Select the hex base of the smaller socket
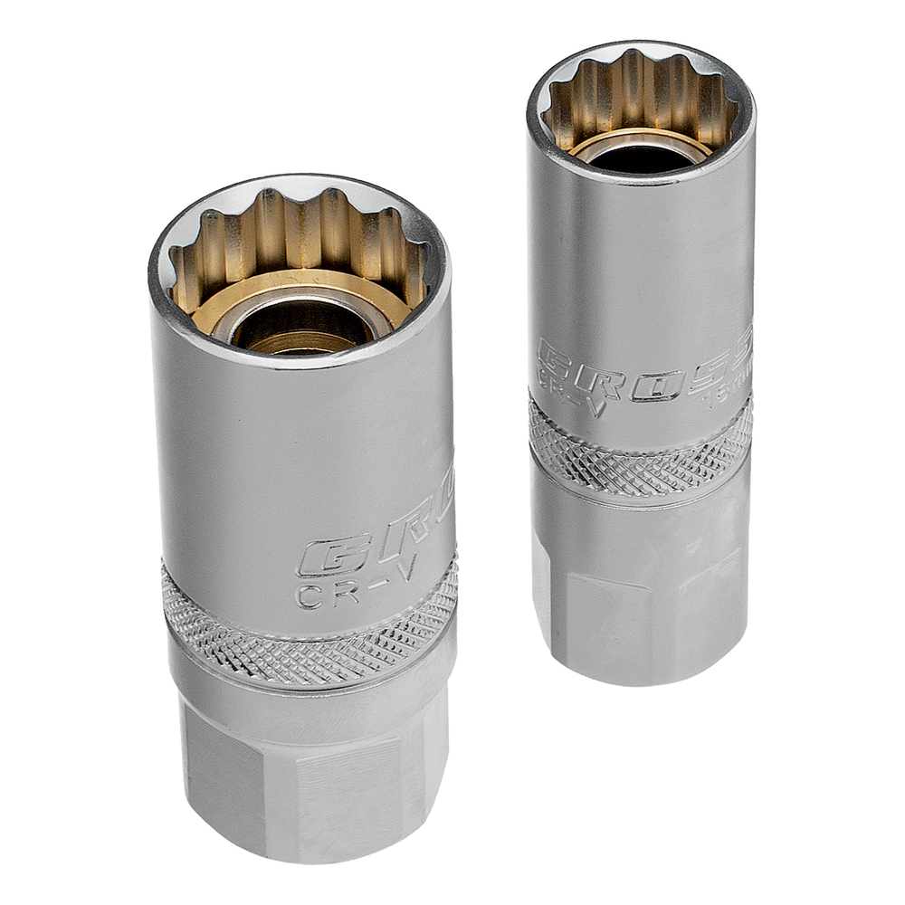coord(641,597)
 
